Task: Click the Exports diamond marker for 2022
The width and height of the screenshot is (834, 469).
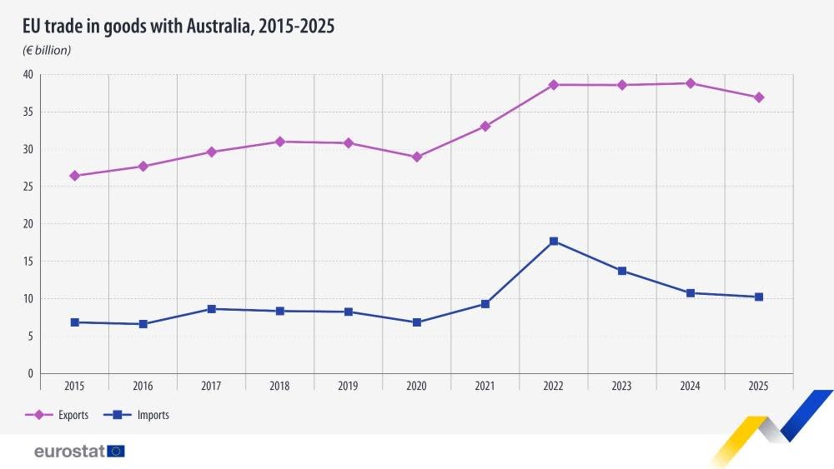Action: coord(554,85)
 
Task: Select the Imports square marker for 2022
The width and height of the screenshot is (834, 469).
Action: coord(554,242)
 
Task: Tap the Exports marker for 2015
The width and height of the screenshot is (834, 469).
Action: coord(75,176)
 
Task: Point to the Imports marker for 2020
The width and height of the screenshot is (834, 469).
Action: coord(417,322)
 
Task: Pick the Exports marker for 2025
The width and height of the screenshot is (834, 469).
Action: coord(759,97)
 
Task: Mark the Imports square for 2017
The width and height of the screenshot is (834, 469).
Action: coord(212,309)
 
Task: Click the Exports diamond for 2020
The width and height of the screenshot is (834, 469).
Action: coord(417,157)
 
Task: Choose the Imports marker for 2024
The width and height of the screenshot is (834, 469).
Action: coord(691,293)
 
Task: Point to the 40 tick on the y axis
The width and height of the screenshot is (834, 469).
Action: coord(28,75)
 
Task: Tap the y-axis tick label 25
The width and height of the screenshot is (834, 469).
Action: coord(28,187)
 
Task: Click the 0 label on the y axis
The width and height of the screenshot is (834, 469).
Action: coord(30,374)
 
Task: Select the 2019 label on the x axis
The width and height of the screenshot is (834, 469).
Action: coord(348,387)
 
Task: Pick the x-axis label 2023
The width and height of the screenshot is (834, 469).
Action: coord(621,387)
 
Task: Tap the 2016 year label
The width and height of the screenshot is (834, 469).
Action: coord(143,387)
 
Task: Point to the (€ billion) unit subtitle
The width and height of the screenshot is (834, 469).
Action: coord(47,50)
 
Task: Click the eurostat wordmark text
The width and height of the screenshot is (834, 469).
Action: coord(69,452)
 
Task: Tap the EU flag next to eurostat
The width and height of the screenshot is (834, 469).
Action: coord(116,452)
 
